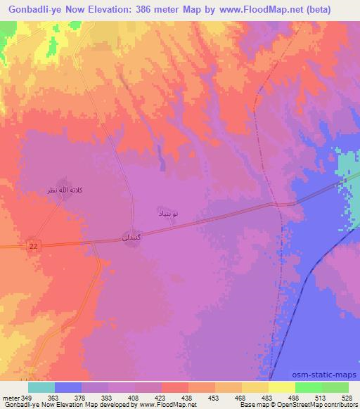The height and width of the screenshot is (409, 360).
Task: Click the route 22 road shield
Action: pos(33,244)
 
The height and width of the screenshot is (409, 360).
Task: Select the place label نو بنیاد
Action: pos(166,212)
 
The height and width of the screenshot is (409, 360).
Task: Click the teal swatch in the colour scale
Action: pos(41,387)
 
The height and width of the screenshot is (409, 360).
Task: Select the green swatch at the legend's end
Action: pos(335,387)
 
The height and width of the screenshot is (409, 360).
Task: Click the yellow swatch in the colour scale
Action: pos(255,387)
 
